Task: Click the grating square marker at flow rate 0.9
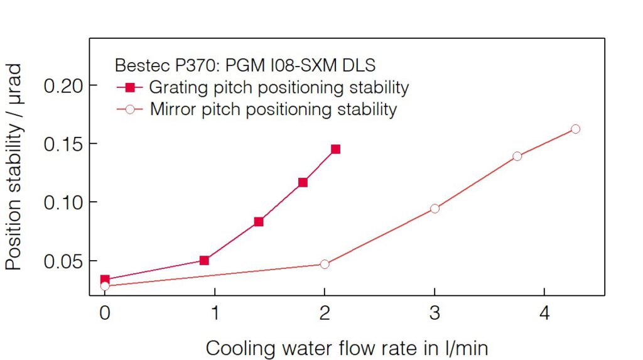click(x=204, y=260)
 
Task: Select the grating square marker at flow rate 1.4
click(x=259, y=222)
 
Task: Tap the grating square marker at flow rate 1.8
click(x=303, y=183)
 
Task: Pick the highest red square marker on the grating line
click(x=335, y=150)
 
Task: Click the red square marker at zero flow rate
click(x=105, y=280)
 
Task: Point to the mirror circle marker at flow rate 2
click(x=325, y=264)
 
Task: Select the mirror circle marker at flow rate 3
click(x=435, y=208)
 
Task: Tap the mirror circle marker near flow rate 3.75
click(x=517, y=156)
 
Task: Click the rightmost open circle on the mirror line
click(x=575, y=129)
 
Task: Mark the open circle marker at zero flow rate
click(x=105, y=286)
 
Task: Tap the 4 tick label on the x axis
click(x=544, y=313)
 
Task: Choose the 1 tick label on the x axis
click(x=215, y=313)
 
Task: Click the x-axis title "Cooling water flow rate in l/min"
click(x=347, y=347)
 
